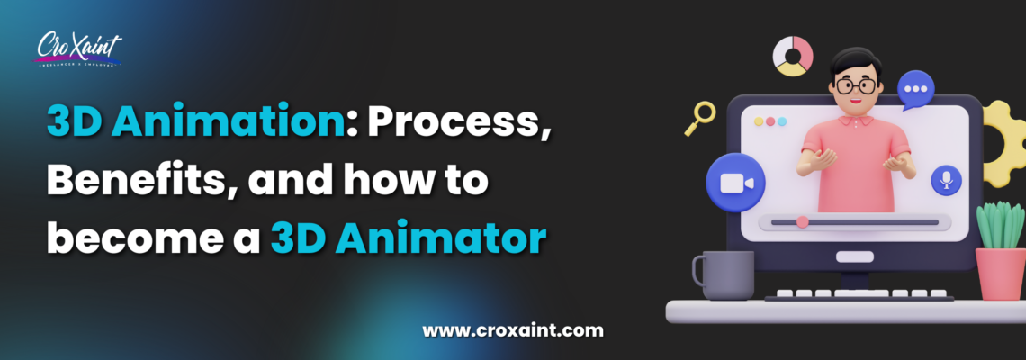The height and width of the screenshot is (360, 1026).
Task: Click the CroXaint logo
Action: tap(79, 49)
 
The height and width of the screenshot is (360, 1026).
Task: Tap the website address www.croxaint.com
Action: tap(513, 330)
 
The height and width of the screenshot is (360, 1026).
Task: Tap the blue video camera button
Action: tap(735, 183)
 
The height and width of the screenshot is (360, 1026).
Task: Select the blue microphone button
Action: tap(946, 181)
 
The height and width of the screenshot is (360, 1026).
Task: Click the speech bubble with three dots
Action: tap(917, 90)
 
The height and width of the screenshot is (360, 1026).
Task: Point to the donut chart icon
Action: tap(793, 57)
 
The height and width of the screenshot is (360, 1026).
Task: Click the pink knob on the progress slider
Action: tap(802, 220)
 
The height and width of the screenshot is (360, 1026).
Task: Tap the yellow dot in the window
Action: tap(769, 121)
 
